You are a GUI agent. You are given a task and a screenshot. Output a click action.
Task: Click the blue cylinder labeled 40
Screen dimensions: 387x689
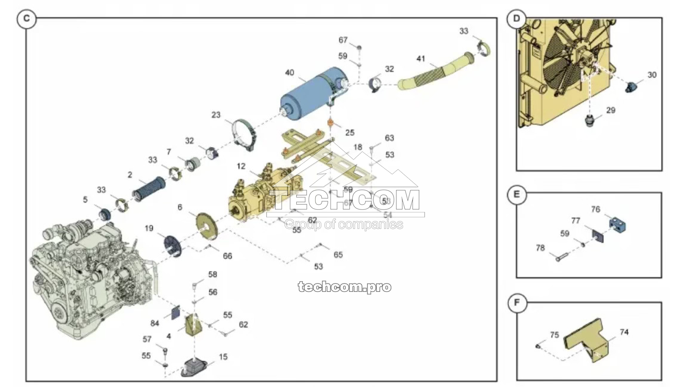pyautogui.click(x=308, y=96)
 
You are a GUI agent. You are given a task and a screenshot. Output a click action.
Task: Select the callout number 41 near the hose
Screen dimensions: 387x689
pyautogui.click(x=420, y=59)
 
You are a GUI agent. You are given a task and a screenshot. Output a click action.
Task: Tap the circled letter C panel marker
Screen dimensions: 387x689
pyautogui.click(x=27, y=19)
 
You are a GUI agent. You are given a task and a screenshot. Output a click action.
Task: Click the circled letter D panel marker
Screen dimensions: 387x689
pyautogui.click(x=516, y=18)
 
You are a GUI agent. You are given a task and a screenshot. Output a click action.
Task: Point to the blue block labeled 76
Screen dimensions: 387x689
pyautogui.click(x=617, y=224)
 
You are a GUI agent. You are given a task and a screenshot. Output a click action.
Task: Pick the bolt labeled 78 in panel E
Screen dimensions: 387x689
pyautogui.click(x=559, y=258)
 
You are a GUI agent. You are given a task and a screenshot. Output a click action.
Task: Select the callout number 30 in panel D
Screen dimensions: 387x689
pyautogui.click(x=652, y=75)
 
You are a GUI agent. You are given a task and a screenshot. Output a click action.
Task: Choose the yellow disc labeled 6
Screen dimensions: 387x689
pyautogui.click(x=207, y=226)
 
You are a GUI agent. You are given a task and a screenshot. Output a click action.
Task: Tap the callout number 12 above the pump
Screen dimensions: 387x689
pyautogui.click(x=241, y=166)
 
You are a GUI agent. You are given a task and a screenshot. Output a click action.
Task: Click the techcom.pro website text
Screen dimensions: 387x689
pyautogui.click(x=344, y=287)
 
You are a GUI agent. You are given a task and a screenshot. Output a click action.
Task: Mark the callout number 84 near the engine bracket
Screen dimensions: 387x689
pyautogui.click(x=155, y=323)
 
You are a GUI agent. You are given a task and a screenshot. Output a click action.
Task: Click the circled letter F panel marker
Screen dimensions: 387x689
pyautogui.click(x=517, y=303)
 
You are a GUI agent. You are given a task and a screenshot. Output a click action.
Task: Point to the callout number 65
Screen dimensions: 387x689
pyautogui.click(x=338, y=255)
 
